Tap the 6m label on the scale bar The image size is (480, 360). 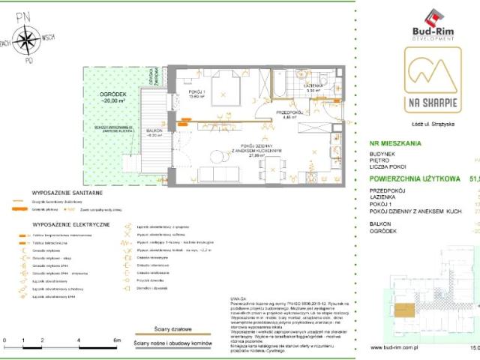click(118, 340)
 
